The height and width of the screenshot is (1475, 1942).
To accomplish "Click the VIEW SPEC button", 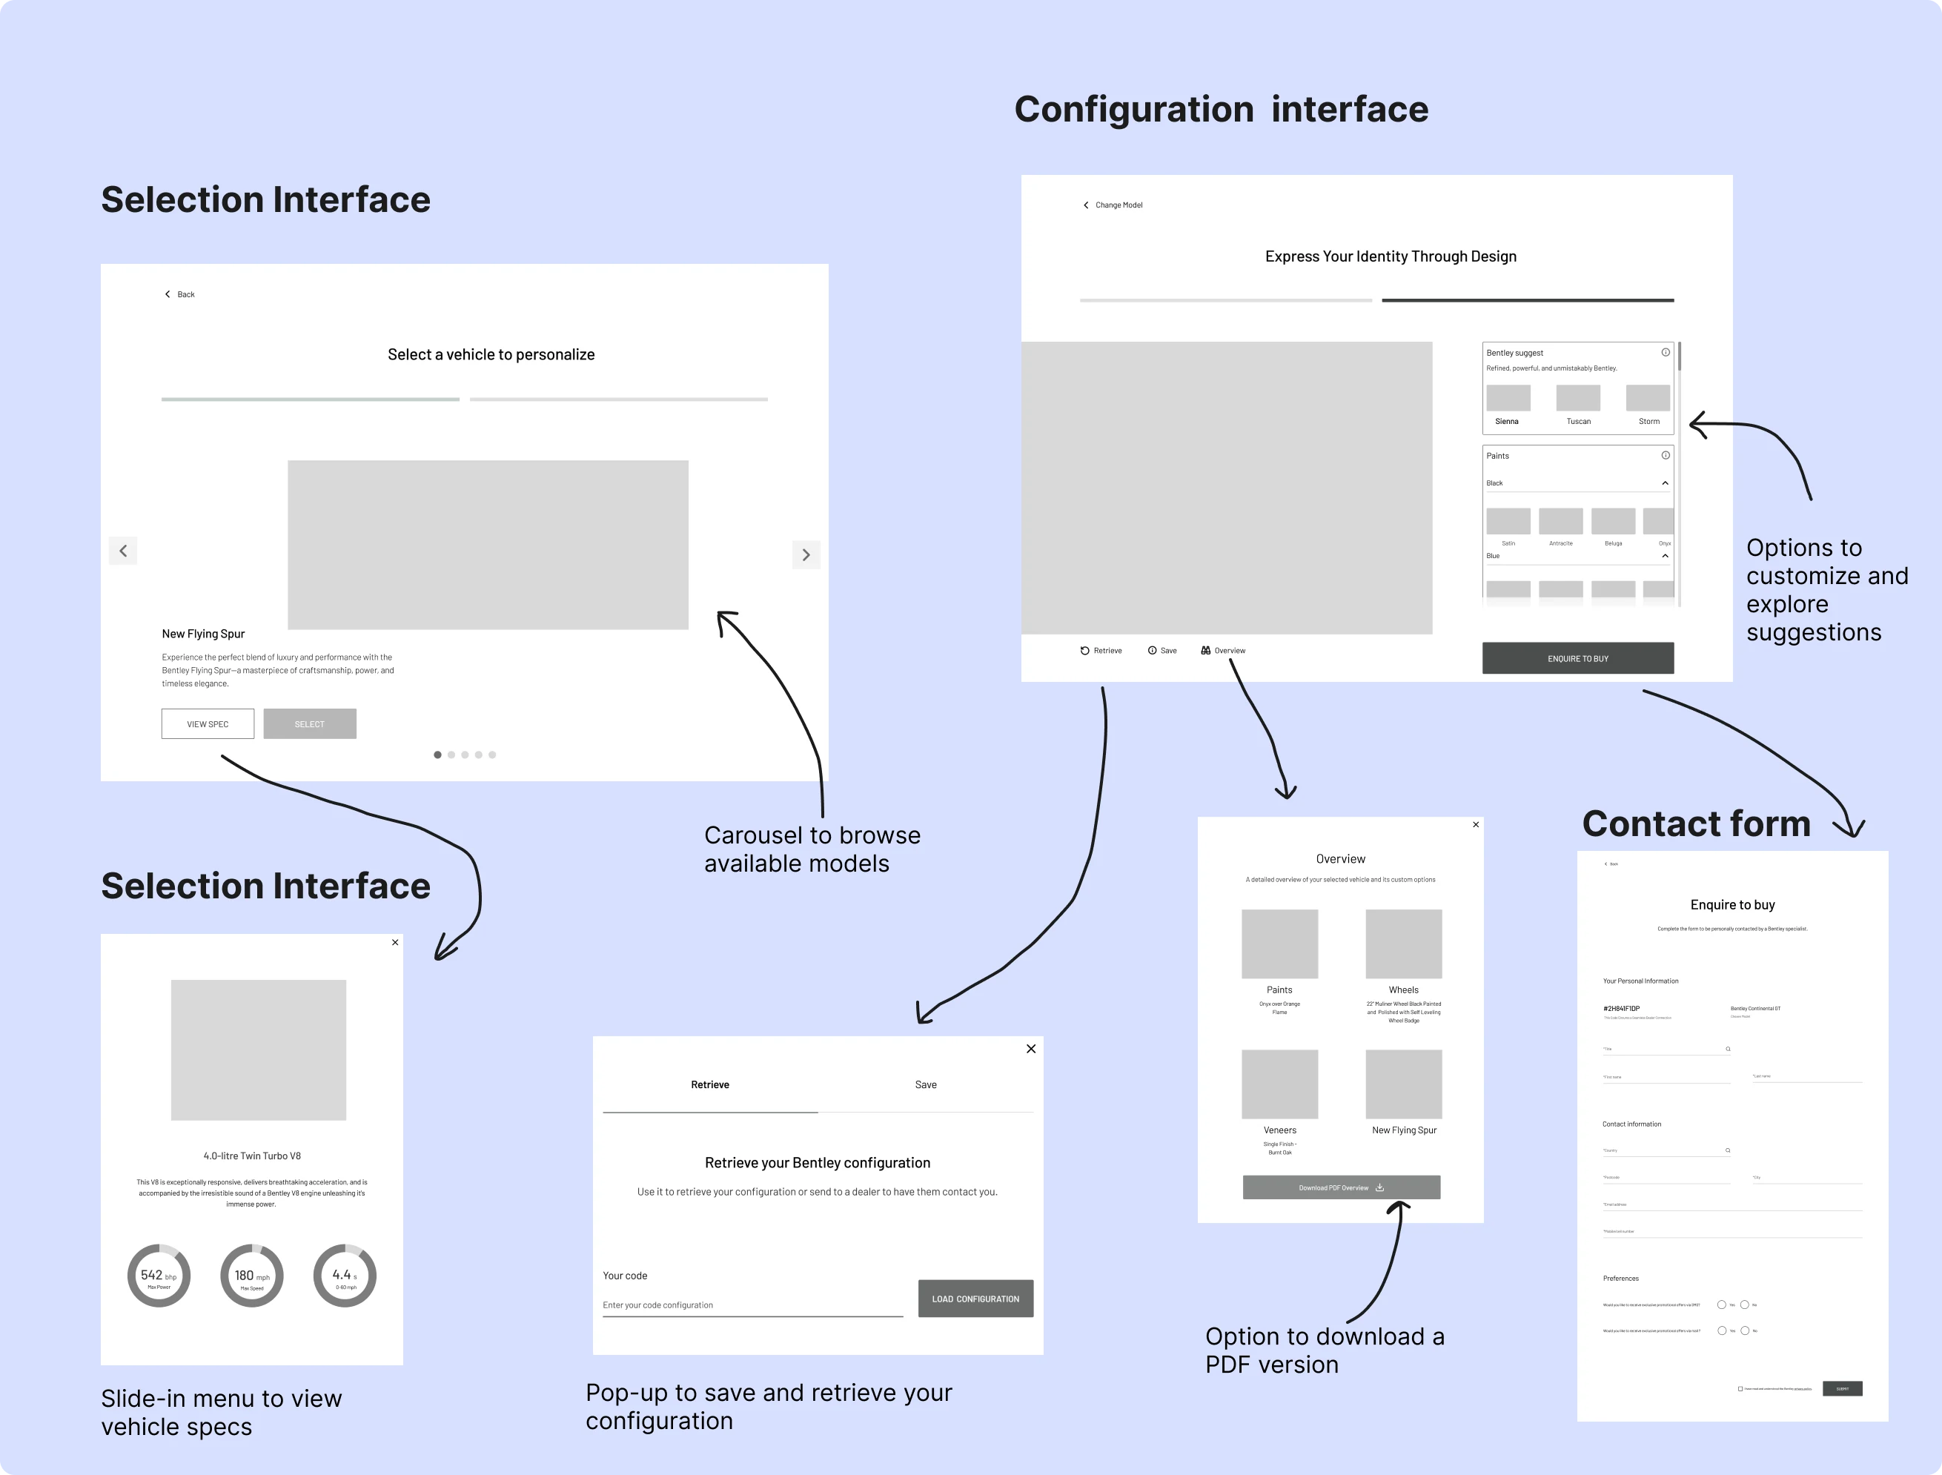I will [x=208, y=723].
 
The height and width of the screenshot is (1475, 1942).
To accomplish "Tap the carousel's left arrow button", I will [x=123, y=551].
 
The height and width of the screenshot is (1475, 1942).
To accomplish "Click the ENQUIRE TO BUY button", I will [x=1577, y=658].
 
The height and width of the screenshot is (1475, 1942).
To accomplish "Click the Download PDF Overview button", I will [x=1341, y=1187].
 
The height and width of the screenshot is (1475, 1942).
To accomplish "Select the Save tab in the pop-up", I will [x=925, y=1085].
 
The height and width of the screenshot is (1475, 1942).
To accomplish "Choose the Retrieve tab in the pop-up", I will [x=709, y=1085].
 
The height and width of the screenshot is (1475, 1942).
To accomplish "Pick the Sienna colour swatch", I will [x=1508, y=398].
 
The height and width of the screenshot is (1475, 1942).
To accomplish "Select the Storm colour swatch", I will [x=1647, y=398].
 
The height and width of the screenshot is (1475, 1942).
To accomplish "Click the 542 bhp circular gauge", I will [x=159, y=1276].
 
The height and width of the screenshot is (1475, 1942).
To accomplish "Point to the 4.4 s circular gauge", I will [x=345, y=1276].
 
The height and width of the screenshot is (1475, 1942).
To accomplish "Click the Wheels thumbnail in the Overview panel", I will [x=1403, y=944].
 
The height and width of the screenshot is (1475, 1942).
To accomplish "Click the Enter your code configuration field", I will [x=752, y=1305].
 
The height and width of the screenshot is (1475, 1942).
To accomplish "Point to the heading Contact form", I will [x=1695, y=823].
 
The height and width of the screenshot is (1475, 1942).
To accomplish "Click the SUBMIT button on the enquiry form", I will [x=1842, y=1389].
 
